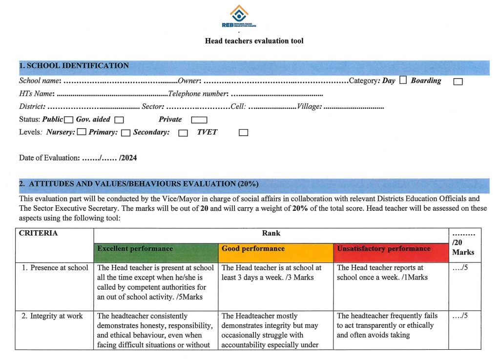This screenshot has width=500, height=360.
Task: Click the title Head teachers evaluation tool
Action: coord(254,41)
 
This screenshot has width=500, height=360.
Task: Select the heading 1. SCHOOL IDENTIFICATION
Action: coord(74,66)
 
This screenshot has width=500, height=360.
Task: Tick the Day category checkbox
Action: coord(403,80)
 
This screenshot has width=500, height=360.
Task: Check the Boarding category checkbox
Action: coord(458,81)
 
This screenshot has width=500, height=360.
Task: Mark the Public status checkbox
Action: coord(68,120)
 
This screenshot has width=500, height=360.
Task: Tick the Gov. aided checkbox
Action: coord(119,120)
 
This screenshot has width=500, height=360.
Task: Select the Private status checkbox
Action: coord(199,120)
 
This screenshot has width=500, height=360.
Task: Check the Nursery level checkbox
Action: coord(82,132)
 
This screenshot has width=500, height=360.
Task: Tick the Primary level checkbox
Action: coord(125,132)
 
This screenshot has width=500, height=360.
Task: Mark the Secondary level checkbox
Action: coord(183,133)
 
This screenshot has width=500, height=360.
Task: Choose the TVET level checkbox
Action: coord(243,133)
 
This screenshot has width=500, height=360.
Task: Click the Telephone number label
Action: coord(198,94)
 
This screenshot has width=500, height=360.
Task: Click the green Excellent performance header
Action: coord(156,249)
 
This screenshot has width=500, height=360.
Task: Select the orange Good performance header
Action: coord(275,249)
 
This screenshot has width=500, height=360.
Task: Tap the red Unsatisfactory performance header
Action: coord(391,249)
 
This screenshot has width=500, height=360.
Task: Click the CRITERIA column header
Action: coord(39,233)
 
